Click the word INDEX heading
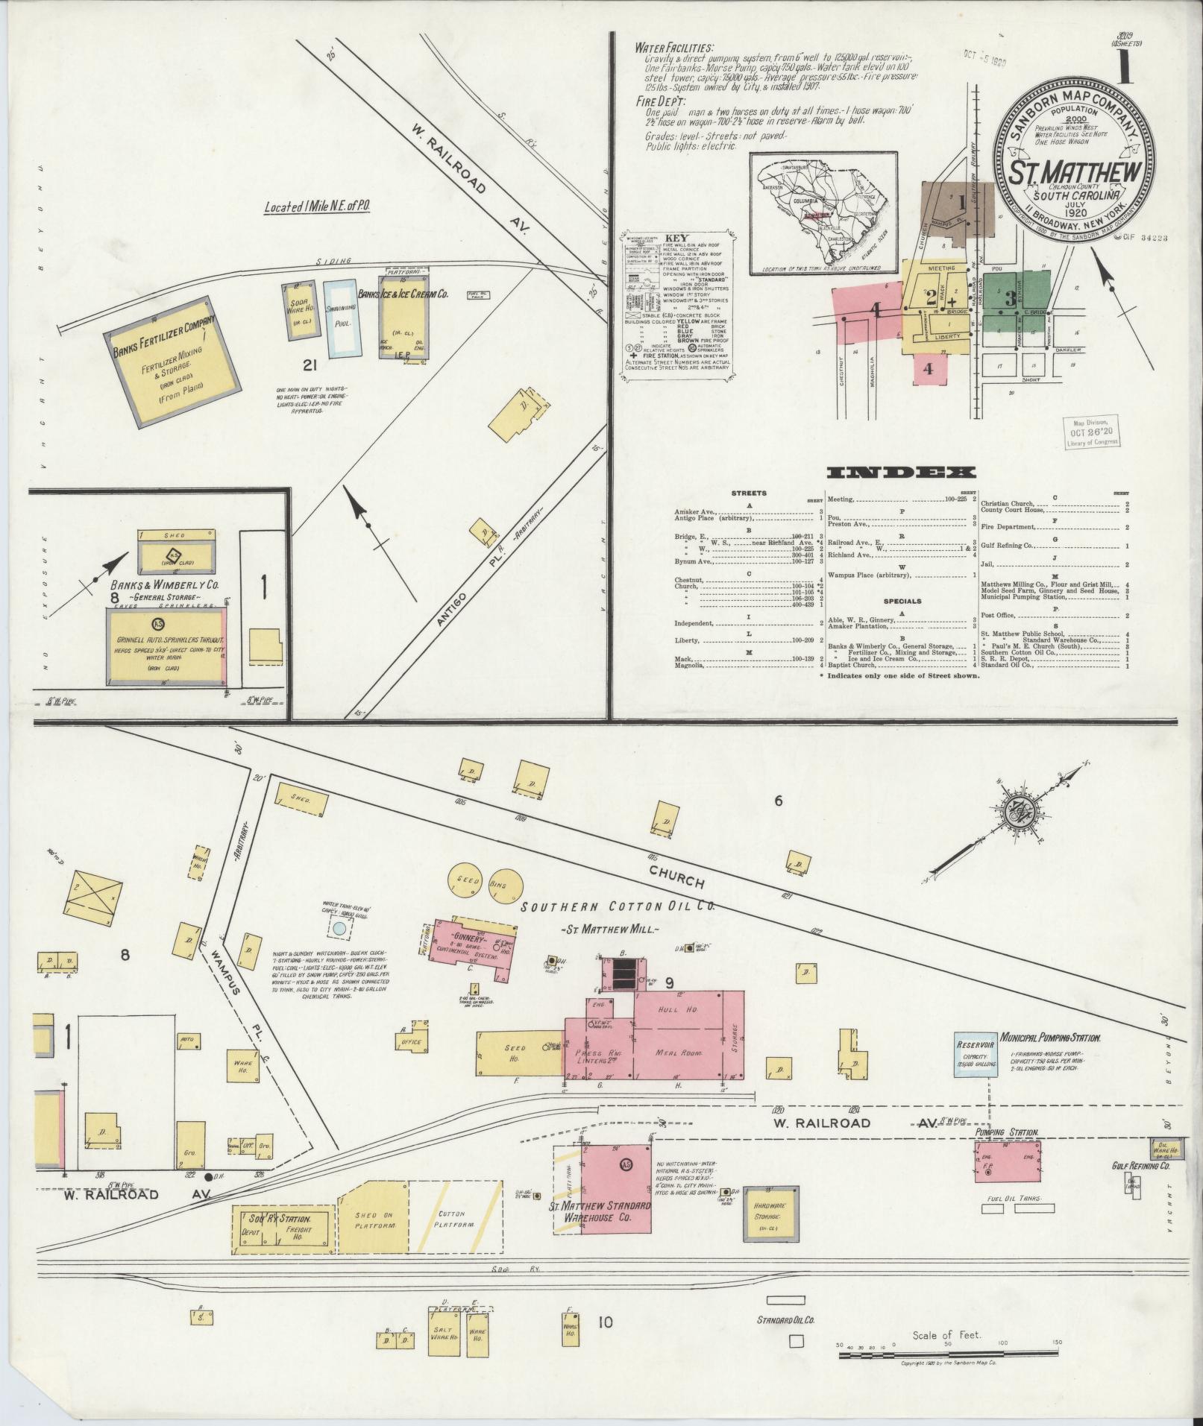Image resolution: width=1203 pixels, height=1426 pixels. (902, 473)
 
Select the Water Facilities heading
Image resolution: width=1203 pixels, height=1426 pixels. (674, 47)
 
